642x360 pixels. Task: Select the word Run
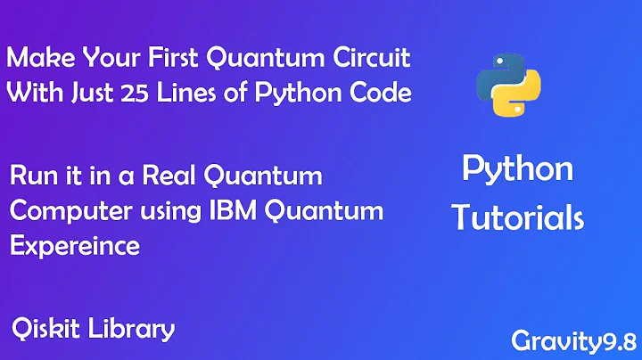(29, 176)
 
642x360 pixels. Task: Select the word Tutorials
(517, 217)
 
